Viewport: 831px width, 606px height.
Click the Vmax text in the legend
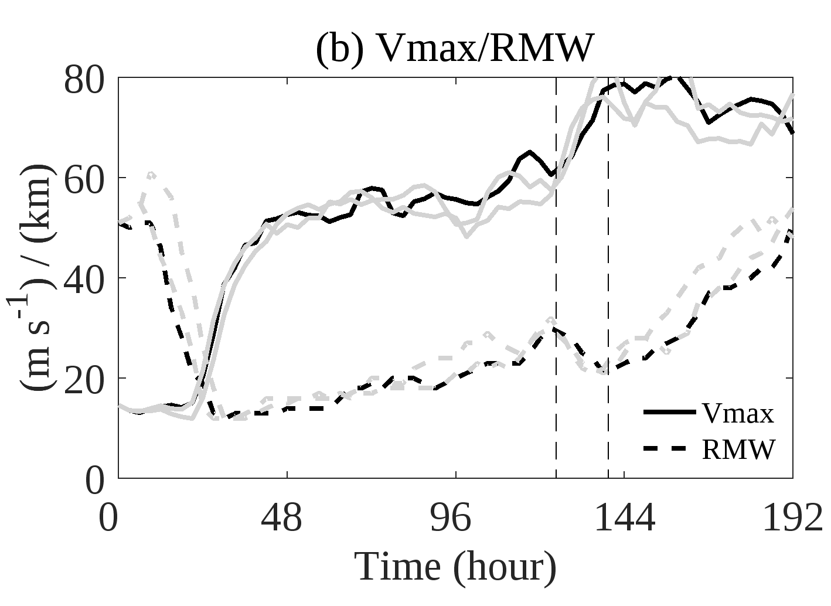tap(738, 413)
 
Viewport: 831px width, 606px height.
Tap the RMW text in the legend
tap(738, 450)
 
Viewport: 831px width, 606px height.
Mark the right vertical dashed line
tap(608, 293)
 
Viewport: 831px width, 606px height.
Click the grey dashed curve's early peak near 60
tap(152, 174)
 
